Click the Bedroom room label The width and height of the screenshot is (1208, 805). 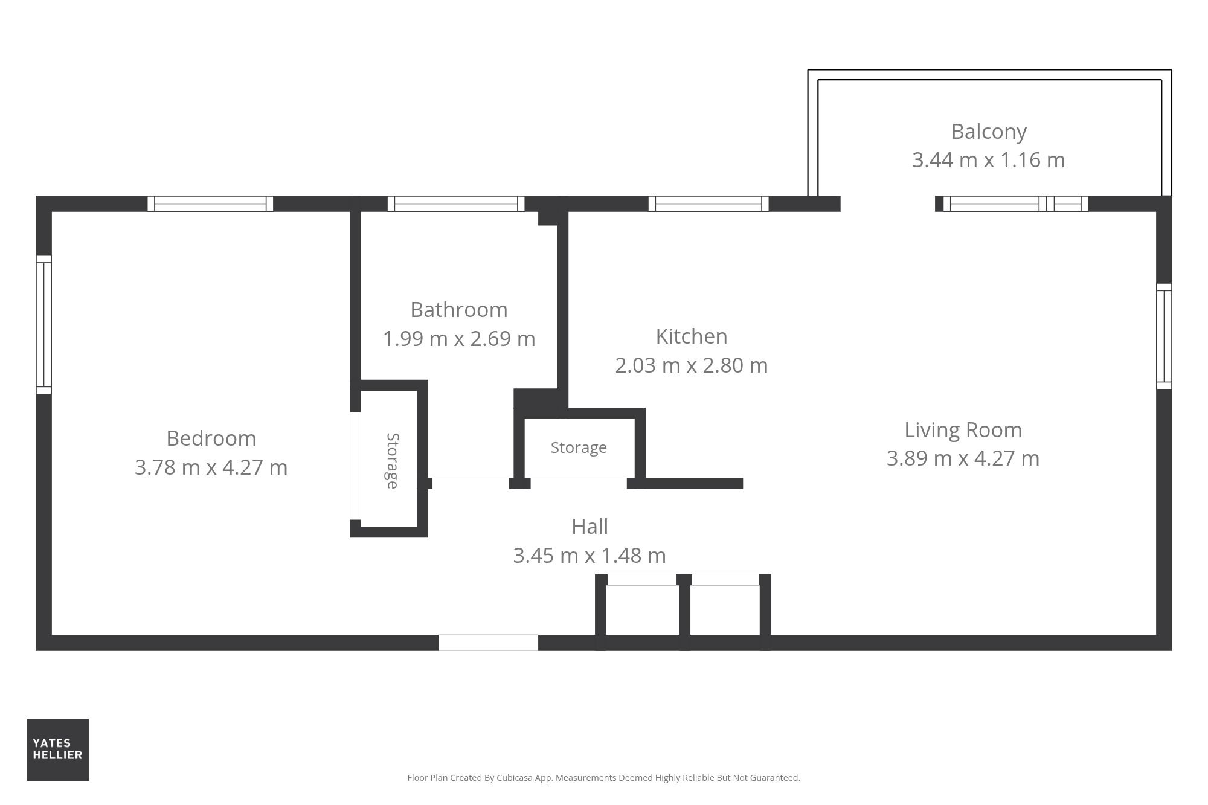click(x=211, y=438)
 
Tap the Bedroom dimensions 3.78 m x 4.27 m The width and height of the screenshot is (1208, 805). click(x=211, y=467)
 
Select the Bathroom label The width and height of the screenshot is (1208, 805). click(x=459, y=310)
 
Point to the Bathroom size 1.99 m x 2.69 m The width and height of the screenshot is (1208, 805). click(x=459, y=339)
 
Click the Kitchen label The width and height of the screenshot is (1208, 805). click(x=692, y=336)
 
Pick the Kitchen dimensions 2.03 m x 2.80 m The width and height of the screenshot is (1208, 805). click(x=692, y=365)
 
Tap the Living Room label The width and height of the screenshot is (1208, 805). click(x=963, y=430)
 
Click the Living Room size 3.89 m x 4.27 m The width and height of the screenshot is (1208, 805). click(x=963, y=458)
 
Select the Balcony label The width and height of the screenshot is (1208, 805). click(x=989, y=132)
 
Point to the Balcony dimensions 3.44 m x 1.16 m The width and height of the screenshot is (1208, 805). click(x=989, y=160)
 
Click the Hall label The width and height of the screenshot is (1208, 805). click(x=590, y=527)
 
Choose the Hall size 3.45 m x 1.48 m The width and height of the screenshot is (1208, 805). click(x=590, y=556)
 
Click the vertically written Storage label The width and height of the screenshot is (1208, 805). click(x=393, y=461)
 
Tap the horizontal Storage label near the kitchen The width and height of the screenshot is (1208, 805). click(x=579, y=447)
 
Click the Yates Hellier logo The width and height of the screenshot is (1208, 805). click(x=58, y=749)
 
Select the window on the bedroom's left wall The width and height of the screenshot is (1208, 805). click(x=43, y=324)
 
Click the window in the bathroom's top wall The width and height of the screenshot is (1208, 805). click(x=456, y=204)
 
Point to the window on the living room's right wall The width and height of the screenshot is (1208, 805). click(x=1164, y=336)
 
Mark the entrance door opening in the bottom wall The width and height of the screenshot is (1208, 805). click(x=488, y=643)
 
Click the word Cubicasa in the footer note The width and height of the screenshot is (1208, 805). click(x=515, y=778)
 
